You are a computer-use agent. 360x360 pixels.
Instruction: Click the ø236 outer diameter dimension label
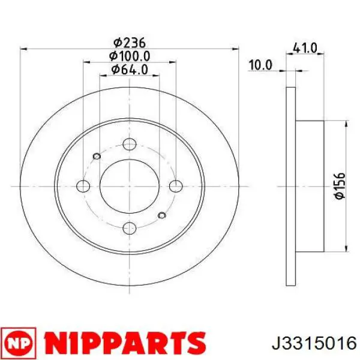tap(130, 42)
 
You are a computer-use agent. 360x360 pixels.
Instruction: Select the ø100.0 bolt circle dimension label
tap(129, 56)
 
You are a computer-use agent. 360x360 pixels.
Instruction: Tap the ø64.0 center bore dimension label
tap(129, 70)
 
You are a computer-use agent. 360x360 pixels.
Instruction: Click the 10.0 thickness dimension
tap(260, 64)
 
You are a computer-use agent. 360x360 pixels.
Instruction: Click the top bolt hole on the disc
tap(129, 145)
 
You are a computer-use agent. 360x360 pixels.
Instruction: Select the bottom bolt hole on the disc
tap(129, 228)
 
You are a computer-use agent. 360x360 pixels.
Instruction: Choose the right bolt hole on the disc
tap(175, 187)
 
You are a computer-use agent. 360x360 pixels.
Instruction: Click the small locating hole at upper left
tap(97, 157)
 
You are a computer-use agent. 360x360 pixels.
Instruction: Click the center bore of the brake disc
tap(129, 187)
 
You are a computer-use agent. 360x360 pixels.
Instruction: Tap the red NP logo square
tap(19, 342)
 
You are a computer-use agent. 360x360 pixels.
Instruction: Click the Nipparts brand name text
tap(123, 342)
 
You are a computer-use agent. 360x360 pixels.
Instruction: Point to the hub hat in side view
tap(310, 187)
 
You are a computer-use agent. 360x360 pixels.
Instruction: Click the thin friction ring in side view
tap(291, 187)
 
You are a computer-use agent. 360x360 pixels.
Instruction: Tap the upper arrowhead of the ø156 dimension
tap(347, 124)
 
